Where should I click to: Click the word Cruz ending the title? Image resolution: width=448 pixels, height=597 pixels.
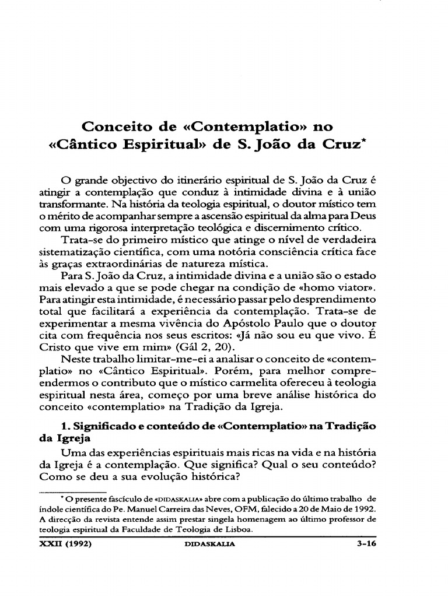[334, 145]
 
